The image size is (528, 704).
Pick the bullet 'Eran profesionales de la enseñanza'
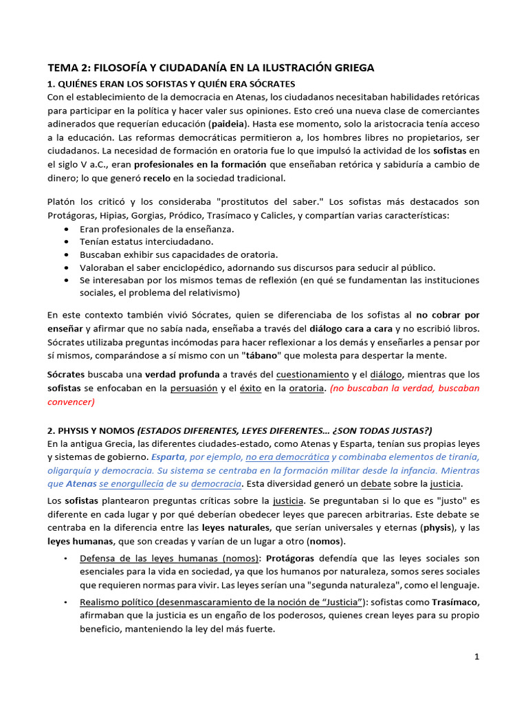tap(157, 228)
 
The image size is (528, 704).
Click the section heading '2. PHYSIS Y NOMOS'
tap(91, 431)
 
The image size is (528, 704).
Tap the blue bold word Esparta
tap(167, 457)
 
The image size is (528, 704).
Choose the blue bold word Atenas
tap(81, 484)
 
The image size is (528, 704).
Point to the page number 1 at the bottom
tap(476, 657)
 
